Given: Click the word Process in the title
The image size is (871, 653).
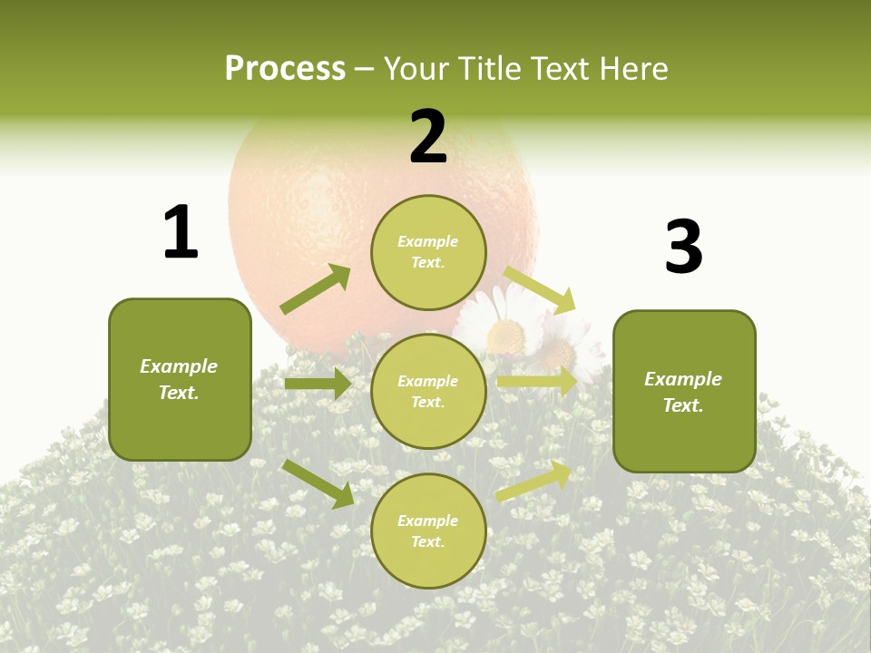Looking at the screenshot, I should (285, 69).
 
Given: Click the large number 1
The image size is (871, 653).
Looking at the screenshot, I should (181, 232).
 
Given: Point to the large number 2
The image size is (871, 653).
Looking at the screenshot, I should (428, 137).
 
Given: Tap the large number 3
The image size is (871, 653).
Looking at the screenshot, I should (683, 247).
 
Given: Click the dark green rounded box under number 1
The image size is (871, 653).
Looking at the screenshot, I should (180, 379).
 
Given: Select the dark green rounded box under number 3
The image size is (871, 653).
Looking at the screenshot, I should (684, 391).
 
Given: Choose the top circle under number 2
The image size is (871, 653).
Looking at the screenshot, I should (428, 252).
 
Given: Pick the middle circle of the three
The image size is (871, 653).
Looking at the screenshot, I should (428, 391).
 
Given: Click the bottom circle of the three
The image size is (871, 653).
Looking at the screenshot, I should (428, 531).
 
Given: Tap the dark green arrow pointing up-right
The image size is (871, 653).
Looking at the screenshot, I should (315, 289).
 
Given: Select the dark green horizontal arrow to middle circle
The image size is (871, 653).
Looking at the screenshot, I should (318, 384).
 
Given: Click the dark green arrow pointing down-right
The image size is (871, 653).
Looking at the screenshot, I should (318, 483).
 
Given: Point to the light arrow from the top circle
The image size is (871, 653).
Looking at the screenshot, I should (539, 289).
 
